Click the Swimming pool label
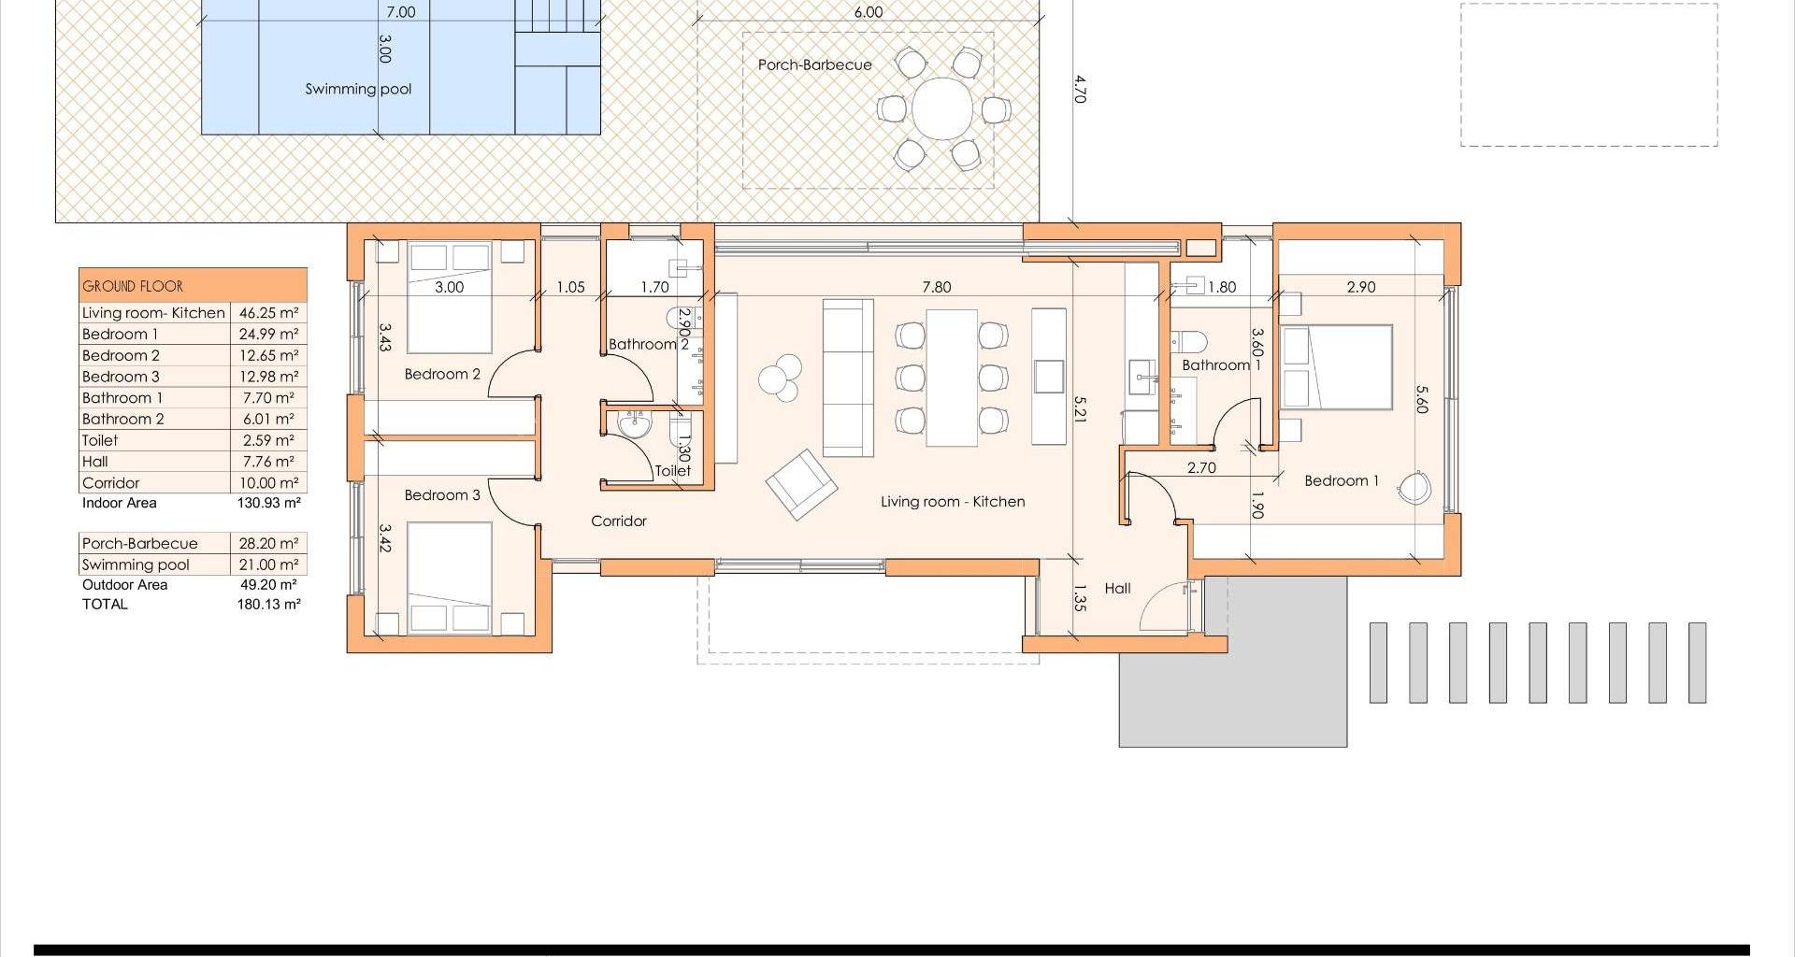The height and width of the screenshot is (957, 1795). (x=358, y=90)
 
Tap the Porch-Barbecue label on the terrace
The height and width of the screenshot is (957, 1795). (x=814, y=65)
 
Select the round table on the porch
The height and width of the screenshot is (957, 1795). (x=943, y=108)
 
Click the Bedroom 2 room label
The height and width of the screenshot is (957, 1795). (x=442, y=374)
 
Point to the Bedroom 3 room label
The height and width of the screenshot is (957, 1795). (x=442, y=495)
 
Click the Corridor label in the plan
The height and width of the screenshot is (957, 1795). (x=619, y=521)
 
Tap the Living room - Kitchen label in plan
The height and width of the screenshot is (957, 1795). (x=953, y=502)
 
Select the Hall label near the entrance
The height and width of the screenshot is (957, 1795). (x=1117, y=589)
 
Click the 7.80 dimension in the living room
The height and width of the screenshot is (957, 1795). (x=936, y=288)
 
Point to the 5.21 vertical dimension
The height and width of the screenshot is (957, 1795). (x=1081, y=408)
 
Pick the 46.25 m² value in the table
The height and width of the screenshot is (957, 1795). (x=268, y=313)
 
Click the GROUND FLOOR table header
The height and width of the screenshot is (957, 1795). (x=133, y=286)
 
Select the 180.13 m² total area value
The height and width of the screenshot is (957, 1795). (x=268, y=605)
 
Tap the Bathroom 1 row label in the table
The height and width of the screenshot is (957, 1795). (x=122, y=398)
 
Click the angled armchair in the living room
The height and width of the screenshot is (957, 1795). (x=801, y=484)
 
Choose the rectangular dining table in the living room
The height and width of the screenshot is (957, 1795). (x=952, y=378)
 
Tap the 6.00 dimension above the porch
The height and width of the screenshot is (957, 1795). (x=868, y=12)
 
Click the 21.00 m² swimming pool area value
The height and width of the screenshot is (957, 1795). (x=268, y=564)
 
